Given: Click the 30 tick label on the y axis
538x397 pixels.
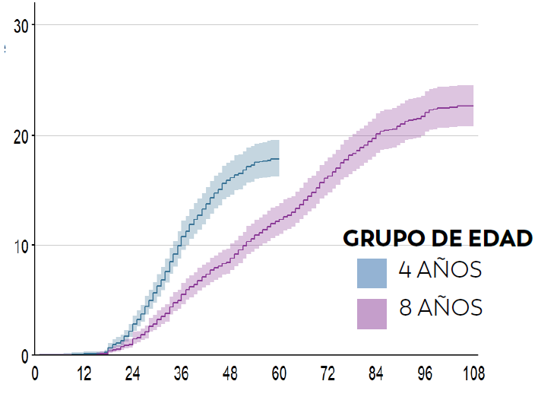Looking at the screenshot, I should click(x=21, y=26).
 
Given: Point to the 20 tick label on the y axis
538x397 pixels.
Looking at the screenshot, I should click(x=21, y=136).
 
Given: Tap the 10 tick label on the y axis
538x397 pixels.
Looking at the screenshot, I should click(x=21, y=246).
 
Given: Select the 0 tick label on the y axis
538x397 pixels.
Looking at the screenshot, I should click(x=25, y=355).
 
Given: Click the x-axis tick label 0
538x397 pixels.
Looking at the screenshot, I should click(x=35, y=373).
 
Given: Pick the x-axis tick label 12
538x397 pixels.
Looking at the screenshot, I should click(x=84, y=373).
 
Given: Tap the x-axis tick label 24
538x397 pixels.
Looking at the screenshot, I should click(x=132, y=373).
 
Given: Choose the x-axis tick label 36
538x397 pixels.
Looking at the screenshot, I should click(x=181, y=373).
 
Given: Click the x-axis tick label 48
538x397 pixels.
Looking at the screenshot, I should click(x=230, y=373).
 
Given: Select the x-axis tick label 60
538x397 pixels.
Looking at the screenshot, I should click(x=279, y=373).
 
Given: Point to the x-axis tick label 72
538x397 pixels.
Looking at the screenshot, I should click(x=328, y=373).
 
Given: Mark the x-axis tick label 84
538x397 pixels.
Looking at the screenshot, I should click(x=376, y=373).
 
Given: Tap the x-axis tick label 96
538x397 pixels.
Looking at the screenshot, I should click(x=425, y=373).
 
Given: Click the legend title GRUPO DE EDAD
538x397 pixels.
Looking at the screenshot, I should click(x=438, y=238).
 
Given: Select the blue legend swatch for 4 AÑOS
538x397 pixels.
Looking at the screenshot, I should click(x=372, y=273).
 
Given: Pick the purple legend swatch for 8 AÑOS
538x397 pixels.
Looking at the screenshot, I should click(x=372, y=313).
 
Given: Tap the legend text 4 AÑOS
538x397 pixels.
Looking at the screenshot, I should click(x=440, y=270).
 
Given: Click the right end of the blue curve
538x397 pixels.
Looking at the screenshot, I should click(x=279, y=158).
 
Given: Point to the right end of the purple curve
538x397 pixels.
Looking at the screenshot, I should click(x=473, y=106).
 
